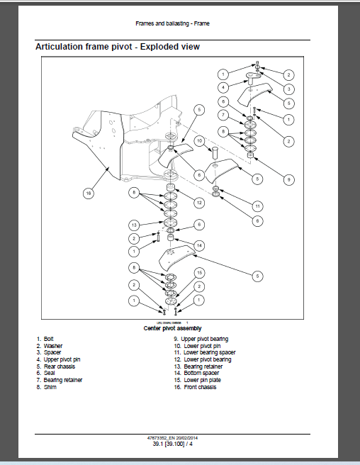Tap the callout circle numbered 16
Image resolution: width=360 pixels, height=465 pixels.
88,192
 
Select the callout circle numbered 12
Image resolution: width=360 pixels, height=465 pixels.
200,203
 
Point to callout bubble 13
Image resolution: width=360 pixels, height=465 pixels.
133,225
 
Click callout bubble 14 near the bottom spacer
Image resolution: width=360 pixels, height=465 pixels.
200,245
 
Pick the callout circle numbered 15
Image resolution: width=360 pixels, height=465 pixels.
200,273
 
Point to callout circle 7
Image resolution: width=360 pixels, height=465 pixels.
223,114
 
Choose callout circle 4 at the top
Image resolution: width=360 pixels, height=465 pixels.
223,88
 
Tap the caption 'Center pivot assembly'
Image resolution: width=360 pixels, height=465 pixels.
173,328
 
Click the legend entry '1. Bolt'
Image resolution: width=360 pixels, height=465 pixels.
45,339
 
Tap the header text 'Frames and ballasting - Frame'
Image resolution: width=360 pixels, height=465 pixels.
172,23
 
